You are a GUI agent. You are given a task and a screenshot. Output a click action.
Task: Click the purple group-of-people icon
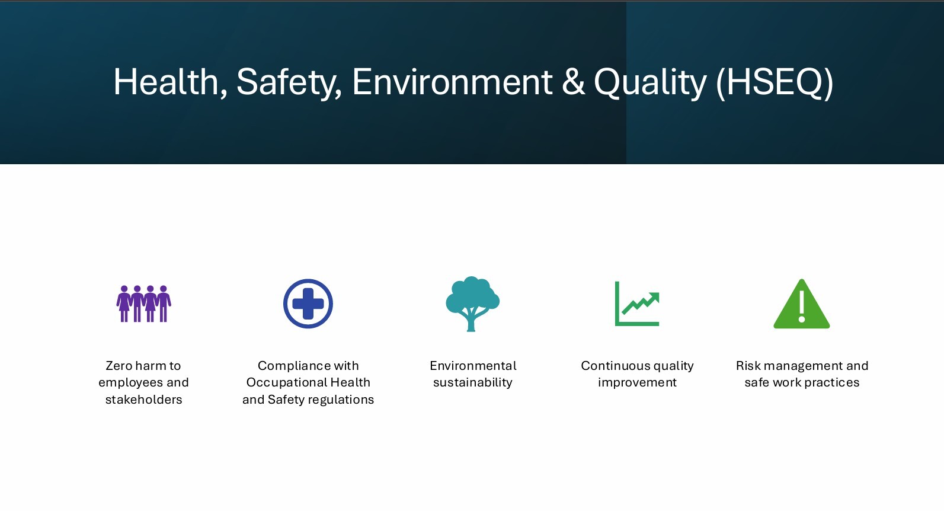[144, 304]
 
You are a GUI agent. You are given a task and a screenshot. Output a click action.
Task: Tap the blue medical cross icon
[308, 304]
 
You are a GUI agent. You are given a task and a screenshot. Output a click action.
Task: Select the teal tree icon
[472, 304]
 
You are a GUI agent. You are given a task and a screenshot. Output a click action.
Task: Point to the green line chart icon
[637, 304]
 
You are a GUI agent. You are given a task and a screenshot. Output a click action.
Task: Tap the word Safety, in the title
[289, 82]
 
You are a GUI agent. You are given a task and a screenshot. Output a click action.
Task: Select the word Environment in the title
[452, 82]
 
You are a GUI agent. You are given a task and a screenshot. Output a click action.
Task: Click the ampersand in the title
[573, 82]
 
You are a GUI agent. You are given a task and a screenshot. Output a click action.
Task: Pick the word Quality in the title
[650, 82]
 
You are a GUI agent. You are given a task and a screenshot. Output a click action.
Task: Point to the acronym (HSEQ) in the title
[775, 82]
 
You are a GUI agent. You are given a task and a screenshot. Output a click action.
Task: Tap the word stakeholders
[144, 400]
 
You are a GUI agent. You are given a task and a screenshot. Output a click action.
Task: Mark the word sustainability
[472, 383]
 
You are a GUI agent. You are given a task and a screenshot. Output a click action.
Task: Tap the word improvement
[637, 383]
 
